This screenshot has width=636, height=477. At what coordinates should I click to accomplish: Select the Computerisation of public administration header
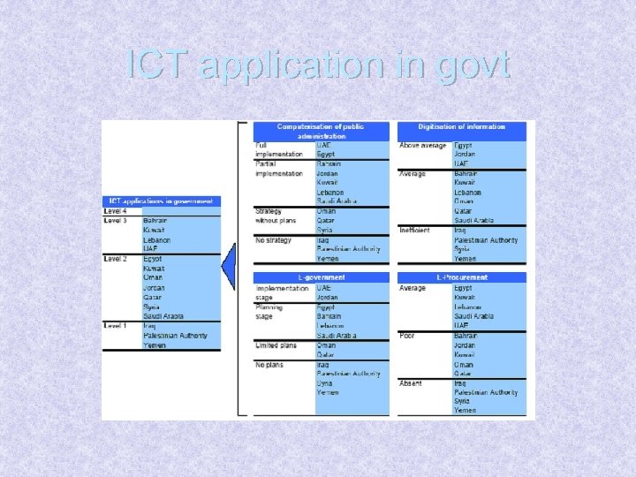322,132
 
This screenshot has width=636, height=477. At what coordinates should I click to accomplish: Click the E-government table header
322,277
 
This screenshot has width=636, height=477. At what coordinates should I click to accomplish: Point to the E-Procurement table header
462,277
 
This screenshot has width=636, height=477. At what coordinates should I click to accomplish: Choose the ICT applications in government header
161,201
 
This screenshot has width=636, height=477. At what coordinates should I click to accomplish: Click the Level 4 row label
116,211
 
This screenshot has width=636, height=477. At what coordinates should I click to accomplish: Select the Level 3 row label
116,221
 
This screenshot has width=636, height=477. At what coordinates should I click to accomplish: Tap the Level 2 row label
116,259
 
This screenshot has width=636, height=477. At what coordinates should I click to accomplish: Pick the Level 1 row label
116,326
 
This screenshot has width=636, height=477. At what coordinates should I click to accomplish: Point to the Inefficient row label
414,231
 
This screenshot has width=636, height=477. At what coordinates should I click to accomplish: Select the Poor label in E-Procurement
408,336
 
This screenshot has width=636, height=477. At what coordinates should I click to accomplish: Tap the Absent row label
411,383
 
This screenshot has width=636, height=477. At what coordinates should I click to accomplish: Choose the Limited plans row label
276,345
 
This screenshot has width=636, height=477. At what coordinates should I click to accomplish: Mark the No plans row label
269,364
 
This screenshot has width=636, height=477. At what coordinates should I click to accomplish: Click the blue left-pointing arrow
229,265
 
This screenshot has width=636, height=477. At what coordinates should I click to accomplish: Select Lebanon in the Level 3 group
156,240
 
